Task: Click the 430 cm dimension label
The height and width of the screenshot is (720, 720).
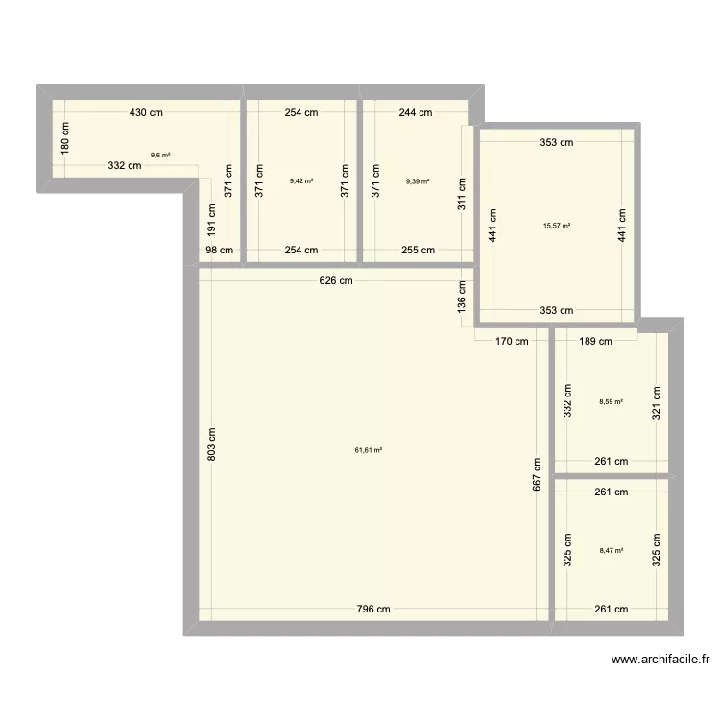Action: (x=147, y=112)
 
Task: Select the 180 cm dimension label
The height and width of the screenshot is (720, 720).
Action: (x=65, y=138)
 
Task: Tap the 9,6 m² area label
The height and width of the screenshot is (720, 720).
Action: (x=160, y=155)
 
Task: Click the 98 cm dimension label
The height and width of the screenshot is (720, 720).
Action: (x=219, y=251)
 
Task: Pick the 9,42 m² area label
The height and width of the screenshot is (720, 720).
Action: (x=300, y=180)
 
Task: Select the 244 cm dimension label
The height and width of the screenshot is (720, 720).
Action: (x=416, y=112)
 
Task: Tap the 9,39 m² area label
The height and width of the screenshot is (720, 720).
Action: (x=418, y=180)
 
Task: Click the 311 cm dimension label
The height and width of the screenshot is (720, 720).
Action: (x=462, y=194)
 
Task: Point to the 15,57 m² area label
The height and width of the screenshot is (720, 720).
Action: (x=557, y=226)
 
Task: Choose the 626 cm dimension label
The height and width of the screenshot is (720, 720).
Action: (x=336, y=281)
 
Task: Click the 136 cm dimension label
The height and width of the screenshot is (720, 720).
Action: (x=462, y=297)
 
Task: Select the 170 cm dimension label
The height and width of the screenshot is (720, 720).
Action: (x=512, y=340)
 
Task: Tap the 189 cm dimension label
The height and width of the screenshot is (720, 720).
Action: (x=595, y=340)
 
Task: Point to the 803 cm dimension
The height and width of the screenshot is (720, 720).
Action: (x=211, y=443)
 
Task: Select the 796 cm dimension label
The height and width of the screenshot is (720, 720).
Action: (x=372, y=609)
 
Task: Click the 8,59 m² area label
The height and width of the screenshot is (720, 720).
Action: (x=612, y=402)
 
